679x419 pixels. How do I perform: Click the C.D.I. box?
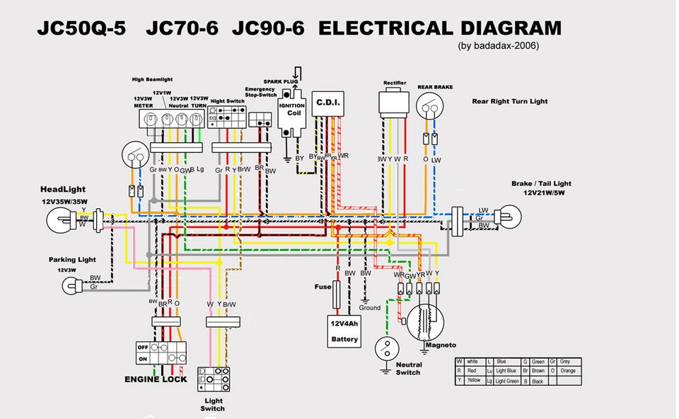coord(327,104)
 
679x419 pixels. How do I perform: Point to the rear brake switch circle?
coord(431,108)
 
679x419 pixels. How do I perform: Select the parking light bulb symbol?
coord(71,285)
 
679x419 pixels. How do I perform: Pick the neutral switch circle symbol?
coord(386,347)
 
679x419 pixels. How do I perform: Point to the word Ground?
coord(369,308)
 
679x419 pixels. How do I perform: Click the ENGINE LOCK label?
coord(156,379)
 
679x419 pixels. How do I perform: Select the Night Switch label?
coord(228,102)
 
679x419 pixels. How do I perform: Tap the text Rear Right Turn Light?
coord(510,102)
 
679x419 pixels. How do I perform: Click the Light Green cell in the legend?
coord(506,381)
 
